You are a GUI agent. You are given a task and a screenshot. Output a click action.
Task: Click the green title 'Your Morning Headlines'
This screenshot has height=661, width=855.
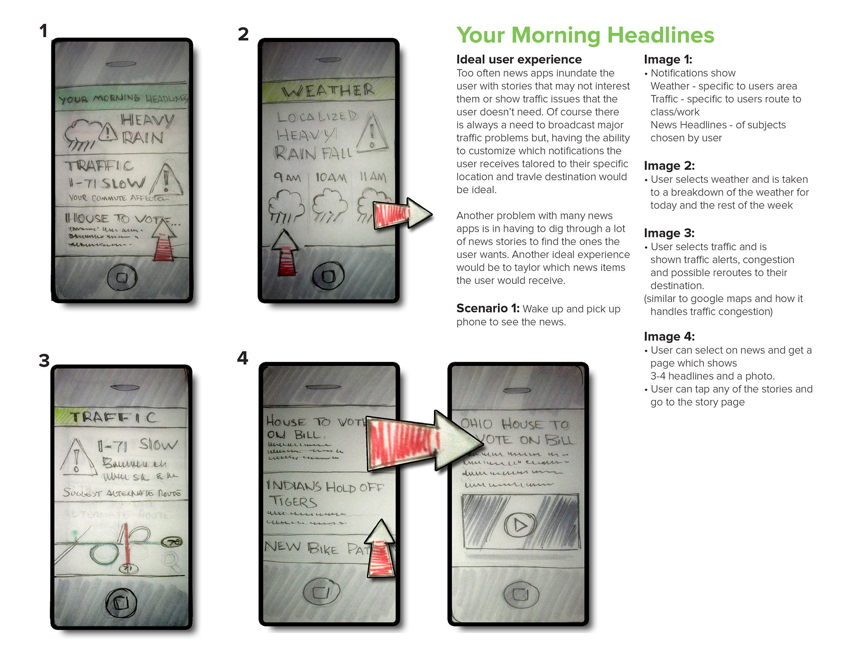[x=585, y=35]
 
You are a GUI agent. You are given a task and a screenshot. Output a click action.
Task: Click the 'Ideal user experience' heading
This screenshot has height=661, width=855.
[x=519, y=59]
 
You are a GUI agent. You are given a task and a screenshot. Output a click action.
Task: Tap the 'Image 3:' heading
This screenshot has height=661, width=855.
[x=668, y=233]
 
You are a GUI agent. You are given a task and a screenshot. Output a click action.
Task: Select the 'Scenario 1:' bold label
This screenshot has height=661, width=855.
[x=488, y=308]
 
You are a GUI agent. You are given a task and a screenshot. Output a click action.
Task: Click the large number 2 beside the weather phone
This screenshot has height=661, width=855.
[x=243, y=34]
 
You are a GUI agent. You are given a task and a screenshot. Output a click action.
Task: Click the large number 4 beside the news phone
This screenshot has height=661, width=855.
[x=243, y=358]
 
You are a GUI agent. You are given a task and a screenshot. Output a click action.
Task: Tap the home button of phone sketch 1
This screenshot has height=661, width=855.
[x=122, y=277]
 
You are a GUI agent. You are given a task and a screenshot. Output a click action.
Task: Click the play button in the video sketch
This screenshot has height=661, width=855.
[x=520, y=525]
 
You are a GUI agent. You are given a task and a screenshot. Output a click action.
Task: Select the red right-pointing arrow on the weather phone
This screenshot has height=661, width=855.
[x=402, y=214]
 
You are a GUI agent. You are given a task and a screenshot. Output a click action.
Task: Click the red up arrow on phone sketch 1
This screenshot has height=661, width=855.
[x=164, y=242]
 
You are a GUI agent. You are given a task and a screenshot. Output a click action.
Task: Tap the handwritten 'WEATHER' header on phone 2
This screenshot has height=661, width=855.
[x=328, y=91]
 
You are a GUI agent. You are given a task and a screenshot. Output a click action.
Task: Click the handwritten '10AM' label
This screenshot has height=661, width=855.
[x=331, y=178]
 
